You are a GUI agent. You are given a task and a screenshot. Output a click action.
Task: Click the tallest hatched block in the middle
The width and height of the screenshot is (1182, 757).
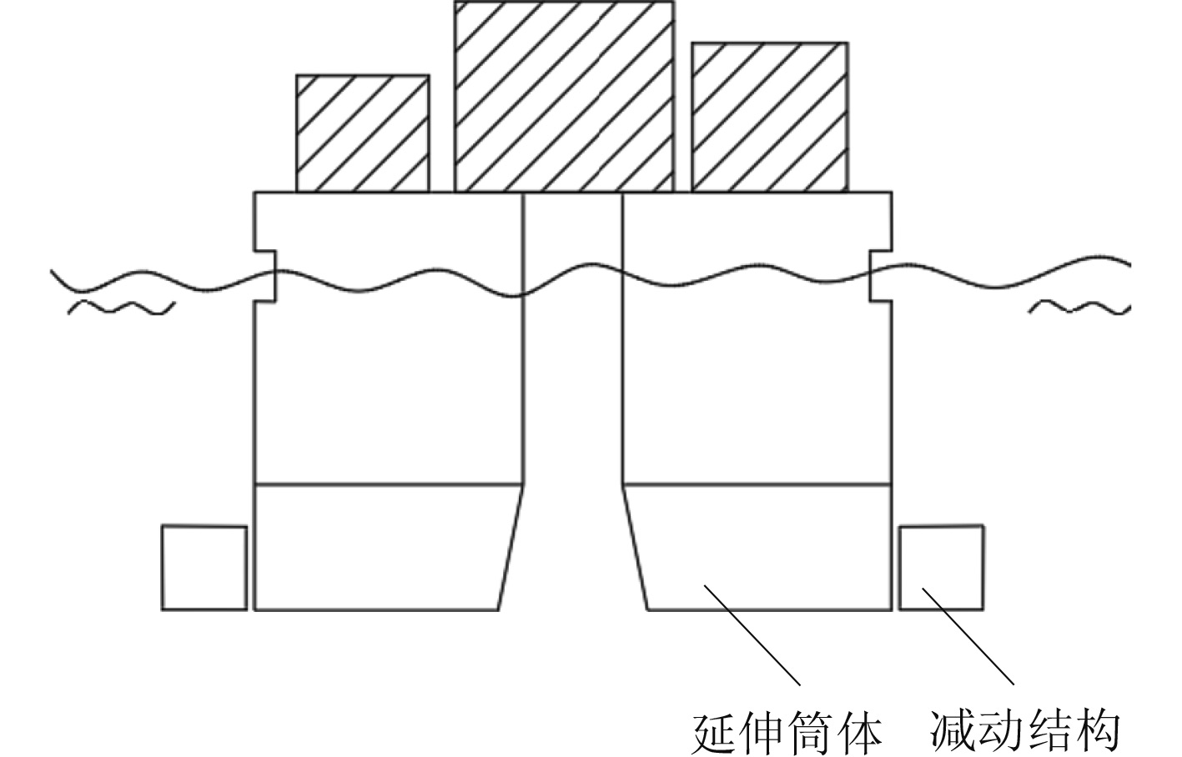coord(564,96)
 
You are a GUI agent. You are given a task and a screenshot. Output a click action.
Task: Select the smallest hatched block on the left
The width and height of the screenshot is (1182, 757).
coord(363,133)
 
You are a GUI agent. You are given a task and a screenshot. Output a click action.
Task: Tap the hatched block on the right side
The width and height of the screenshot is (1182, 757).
coord(769,117)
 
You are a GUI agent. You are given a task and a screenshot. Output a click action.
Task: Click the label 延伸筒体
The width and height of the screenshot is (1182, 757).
coord(787,732)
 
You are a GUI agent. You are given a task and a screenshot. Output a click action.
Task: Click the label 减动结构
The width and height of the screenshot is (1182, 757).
coord(1024,732)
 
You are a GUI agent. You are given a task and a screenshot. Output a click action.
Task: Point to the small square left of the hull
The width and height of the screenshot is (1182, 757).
coord(204,568)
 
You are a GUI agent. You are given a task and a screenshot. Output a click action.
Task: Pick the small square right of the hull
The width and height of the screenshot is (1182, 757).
coord(941,568)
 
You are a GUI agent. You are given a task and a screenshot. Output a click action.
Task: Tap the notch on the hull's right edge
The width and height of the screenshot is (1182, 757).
coord(880,275)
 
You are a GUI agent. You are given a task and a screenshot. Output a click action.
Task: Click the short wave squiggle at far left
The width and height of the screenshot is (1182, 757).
coord(121,308)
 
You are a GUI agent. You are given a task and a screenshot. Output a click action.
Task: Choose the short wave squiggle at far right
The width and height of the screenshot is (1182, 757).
coord(1079,308)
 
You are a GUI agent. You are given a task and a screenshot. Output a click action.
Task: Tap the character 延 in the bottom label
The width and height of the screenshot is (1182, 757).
coord(716,732)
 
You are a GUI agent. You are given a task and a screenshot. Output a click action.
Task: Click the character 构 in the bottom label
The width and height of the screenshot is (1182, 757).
coord(1095,732)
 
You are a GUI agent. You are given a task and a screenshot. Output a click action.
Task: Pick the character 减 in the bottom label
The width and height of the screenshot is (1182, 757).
coord(953,732)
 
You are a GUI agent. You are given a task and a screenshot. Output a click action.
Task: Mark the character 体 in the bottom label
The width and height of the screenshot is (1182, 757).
coord(858,732)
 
